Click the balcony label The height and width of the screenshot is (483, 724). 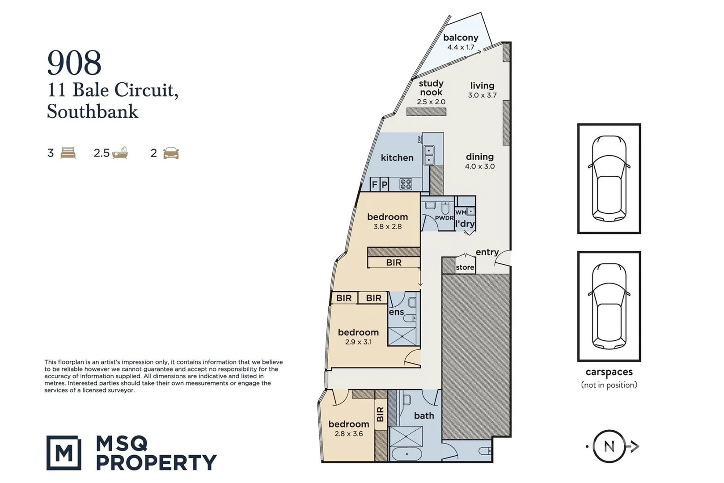(461, 38)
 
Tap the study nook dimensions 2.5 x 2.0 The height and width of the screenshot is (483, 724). (431, 102)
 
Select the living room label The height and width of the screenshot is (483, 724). (482, 86)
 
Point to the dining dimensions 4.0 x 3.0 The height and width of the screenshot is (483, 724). (480, 166)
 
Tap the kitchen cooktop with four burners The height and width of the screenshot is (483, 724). (406, 184)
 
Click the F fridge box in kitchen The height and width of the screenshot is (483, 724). (375, 184)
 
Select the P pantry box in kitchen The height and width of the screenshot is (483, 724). (384, 184)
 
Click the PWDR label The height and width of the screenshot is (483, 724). (444, 218)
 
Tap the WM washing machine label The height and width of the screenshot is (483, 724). (461, 212)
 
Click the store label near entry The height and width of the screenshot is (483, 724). (465, 267)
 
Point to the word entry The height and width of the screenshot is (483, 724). (487, 252)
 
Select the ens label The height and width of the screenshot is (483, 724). (396, 312)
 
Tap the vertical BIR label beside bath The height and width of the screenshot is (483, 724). (381, 414)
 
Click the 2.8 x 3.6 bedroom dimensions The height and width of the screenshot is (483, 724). (348, 434)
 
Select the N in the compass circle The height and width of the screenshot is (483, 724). (609, 446)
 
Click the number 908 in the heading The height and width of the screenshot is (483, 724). (74, 63)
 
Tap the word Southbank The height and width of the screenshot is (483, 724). (93, 111)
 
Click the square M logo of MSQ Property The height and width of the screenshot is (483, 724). (64, 453)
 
